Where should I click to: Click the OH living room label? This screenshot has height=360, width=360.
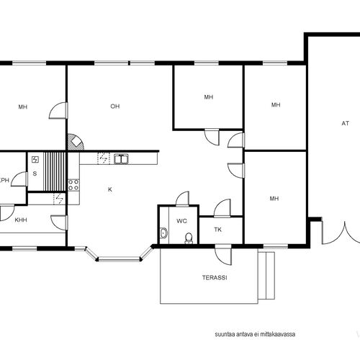click(115, 107)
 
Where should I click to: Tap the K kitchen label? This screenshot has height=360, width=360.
click(110, 189)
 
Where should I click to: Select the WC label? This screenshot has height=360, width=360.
click(181, 221)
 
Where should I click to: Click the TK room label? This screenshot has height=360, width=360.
click(218, 230)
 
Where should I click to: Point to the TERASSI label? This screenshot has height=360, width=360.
click(215, 278)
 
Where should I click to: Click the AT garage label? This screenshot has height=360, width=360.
click(345, 123)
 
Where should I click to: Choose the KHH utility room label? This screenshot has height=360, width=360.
click(21, 220)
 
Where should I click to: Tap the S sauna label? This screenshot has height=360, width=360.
click(35, 174)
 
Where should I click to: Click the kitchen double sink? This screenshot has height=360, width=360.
click(121, 159)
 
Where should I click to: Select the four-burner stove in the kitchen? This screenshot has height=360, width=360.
click(73, 185)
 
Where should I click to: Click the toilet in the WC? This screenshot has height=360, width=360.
click(189, 238)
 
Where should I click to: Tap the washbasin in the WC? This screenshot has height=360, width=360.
click(164, 233)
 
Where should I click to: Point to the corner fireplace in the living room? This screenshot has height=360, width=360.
click(76, 143)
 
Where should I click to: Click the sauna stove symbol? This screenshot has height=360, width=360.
click(35, 159)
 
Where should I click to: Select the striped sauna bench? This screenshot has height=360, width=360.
click(54, 171)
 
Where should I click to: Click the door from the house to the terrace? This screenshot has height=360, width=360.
click(223, 255)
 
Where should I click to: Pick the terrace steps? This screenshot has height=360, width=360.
click(266, 276)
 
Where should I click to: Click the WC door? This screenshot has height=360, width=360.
click(182, 199)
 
